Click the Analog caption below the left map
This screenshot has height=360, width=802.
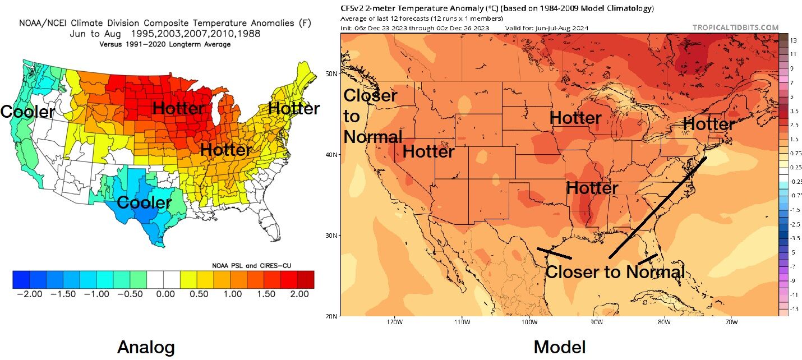click(x=146, y=347)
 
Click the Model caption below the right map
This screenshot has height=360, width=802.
click(x=560, y=347)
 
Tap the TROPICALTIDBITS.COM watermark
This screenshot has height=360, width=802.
click(x=735, y=27)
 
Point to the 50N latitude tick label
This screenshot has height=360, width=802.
click(x=331, y=74)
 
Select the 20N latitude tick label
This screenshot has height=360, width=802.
click(x=331, y=316)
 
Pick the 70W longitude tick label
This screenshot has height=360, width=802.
click(x=731, y=322)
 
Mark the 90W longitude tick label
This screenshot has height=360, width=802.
click(x=596, y=322)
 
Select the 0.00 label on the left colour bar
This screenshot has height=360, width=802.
click(x=163, y=294)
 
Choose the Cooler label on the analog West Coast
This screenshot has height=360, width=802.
click(x=27, y=112)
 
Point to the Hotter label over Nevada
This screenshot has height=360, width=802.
click(x=428, y=151)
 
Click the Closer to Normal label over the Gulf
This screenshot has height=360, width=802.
click(x=615, y=273)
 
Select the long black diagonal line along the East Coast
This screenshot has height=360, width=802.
click(x=657, y=208)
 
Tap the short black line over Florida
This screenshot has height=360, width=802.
click(x=648, y=260)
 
